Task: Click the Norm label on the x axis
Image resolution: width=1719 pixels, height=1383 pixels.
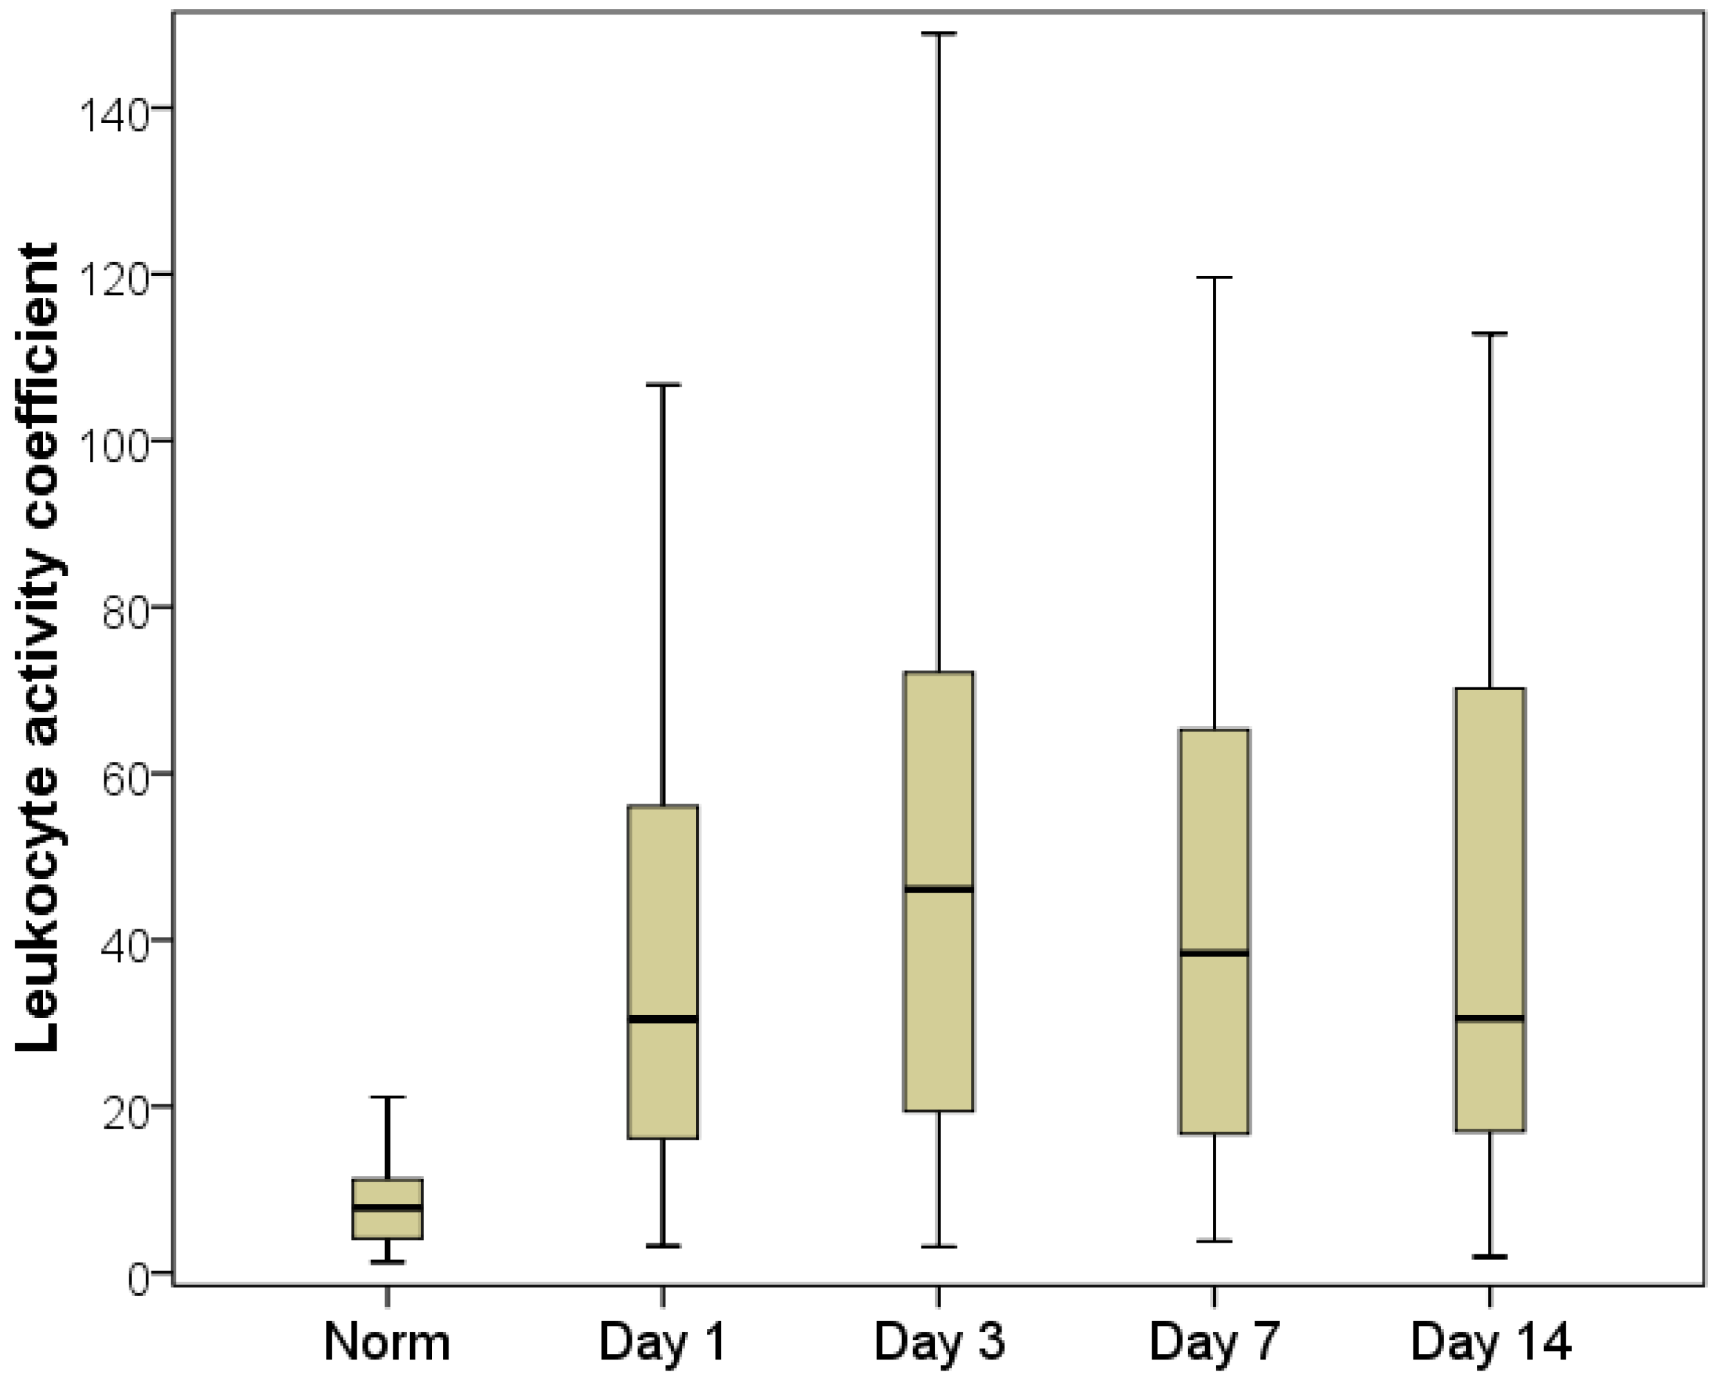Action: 386,1342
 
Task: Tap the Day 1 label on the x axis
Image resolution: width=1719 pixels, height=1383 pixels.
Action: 663,1342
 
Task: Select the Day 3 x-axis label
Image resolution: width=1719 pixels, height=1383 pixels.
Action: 939,1342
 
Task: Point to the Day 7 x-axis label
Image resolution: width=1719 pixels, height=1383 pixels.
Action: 1214,1342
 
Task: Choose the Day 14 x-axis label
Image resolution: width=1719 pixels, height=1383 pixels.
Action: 1490,1342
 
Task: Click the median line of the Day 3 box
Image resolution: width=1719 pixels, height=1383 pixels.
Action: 939,889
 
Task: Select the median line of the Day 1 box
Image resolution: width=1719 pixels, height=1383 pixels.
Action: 663,1019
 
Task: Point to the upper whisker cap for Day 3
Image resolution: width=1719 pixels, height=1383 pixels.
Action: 939,35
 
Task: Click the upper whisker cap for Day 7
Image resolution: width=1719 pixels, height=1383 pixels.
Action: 1214,277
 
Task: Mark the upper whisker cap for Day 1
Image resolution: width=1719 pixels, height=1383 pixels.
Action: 663,384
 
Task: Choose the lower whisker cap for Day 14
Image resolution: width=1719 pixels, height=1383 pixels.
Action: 1490,1257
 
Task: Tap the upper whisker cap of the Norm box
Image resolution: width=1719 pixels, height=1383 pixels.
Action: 386,1098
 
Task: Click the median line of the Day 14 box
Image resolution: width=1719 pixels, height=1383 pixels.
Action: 1490,1019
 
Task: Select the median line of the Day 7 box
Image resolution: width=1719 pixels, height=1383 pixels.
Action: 1214,953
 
